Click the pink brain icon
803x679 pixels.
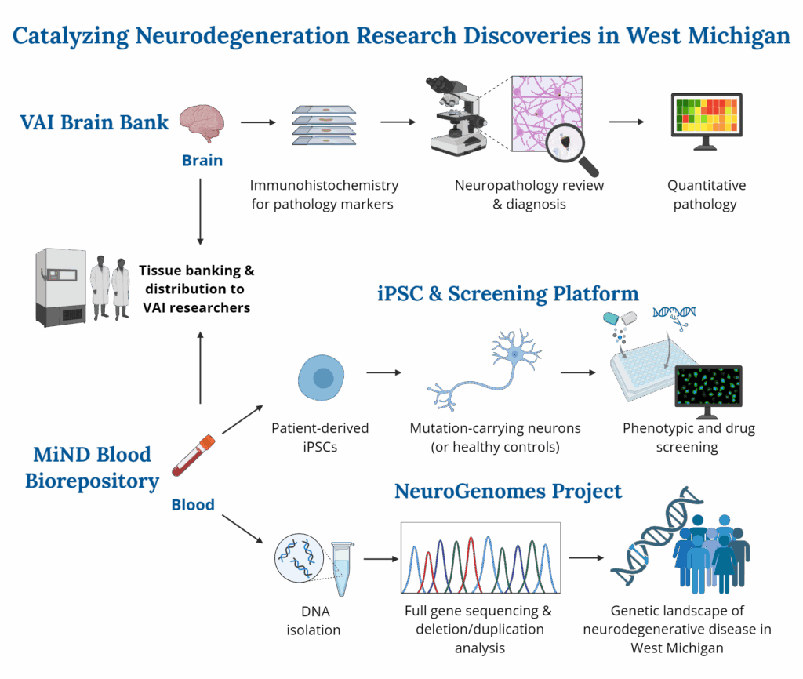pyautogui.click(x=202, y=124)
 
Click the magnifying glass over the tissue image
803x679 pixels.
pyautogui.click(x=569, y=146)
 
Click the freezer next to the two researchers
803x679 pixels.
pyautogui.click(x=60, y=285)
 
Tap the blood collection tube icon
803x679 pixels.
pyautogui.click(x=193, y=457)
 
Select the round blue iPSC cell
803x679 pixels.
pyautogui.click(x=320, y=378)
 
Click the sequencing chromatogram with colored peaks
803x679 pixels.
pyautogui.click(x=480, y=557)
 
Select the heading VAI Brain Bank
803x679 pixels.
pyautogui.click(x=94, y=122)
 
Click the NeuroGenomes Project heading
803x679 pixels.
pyautogui.click(x=508, y=492)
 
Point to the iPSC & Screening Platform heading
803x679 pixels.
pyautogui.click(x=507, y=294)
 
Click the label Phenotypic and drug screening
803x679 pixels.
pyautogui.click(x=689, y=438)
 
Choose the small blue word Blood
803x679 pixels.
pyautogui.click(x=193, y=505)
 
